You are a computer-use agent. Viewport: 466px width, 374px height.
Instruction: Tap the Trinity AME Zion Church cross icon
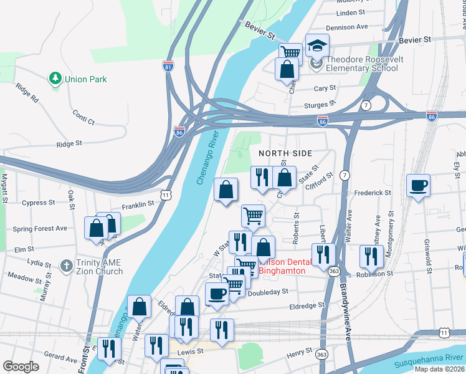click(66, 265)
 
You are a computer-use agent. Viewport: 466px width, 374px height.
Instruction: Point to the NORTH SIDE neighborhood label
click(285, 153)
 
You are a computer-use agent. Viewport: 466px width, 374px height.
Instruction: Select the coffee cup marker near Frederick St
click(417, 185)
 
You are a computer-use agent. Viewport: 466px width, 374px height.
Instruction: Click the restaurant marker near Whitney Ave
click(371, 256)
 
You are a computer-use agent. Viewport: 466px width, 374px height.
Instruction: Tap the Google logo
click(21, 366)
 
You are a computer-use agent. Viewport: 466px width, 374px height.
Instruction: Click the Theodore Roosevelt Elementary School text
click(362, 64)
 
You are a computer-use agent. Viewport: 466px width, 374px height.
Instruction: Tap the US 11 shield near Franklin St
click(165, 195)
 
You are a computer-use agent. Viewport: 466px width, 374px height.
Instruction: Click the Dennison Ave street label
click(347, 27)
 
